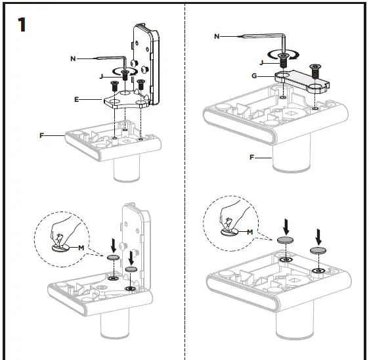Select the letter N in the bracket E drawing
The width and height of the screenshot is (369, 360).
(x=74, y=59)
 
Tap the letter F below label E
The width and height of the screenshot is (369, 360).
(x=41, y=135)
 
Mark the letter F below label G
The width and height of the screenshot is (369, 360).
(x=251, y=158)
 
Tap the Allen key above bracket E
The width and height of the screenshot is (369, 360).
(x=105, y=60)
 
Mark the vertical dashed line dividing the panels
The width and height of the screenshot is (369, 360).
(x=185, y=197)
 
